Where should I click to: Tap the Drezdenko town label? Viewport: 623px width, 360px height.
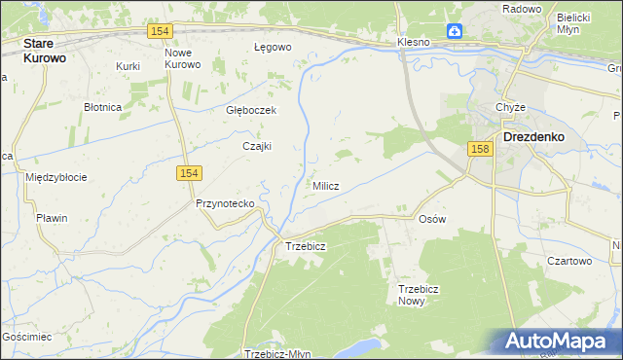click(534, 137)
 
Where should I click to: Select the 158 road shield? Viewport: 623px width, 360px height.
click(479, 149)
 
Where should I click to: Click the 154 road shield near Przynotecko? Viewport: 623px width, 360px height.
click(189, 173)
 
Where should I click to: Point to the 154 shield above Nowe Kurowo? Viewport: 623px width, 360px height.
click(162, 32)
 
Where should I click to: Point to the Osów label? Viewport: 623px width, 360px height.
click(431, 219)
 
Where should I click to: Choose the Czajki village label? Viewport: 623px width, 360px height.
click(256, 147)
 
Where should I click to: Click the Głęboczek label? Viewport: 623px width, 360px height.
click(251, 110)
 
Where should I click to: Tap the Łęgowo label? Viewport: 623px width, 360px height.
click(273, 47)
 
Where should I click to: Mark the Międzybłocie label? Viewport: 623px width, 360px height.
click(56, 177)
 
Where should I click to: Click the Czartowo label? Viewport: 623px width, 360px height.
click(569, 261)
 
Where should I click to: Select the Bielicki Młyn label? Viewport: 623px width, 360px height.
click(574, 23)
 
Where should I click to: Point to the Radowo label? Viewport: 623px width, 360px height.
click(522, 8)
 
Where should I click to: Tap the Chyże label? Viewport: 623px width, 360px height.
click(510, 107)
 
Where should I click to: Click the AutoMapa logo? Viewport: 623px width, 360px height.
click(558, 342)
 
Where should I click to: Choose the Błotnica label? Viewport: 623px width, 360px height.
click(102, 107)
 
